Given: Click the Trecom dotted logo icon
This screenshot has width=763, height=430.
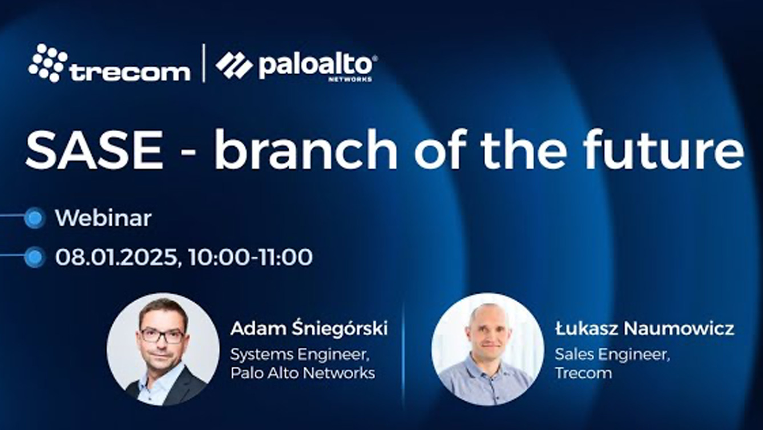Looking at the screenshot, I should [48, 62].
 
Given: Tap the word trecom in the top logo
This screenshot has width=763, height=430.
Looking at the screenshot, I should [130, 71].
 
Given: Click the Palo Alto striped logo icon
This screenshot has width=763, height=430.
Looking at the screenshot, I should [234, 65].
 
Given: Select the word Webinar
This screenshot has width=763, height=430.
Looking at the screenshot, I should [103, 218].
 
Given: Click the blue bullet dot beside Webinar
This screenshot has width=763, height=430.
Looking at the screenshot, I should [35, 218].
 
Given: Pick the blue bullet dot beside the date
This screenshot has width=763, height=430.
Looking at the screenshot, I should [35, 257].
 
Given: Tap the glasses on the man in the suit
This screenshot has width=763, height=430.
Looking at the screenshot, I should [162, 334].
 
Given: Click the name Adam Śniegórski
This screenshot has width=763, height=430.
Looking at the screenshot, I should [309, 328].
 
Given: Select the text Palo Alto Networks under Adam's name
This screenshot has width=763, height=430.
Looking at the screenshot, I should [302, 374].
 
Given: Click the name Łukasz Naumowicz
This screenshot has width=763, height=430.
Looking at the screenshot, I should [644, 328].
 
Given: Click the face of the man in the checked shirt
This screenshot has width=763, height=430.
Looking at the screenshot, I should [488, 330].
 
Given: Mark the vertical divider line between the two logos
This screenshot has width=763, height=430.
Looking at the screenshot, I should [203, 63].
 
